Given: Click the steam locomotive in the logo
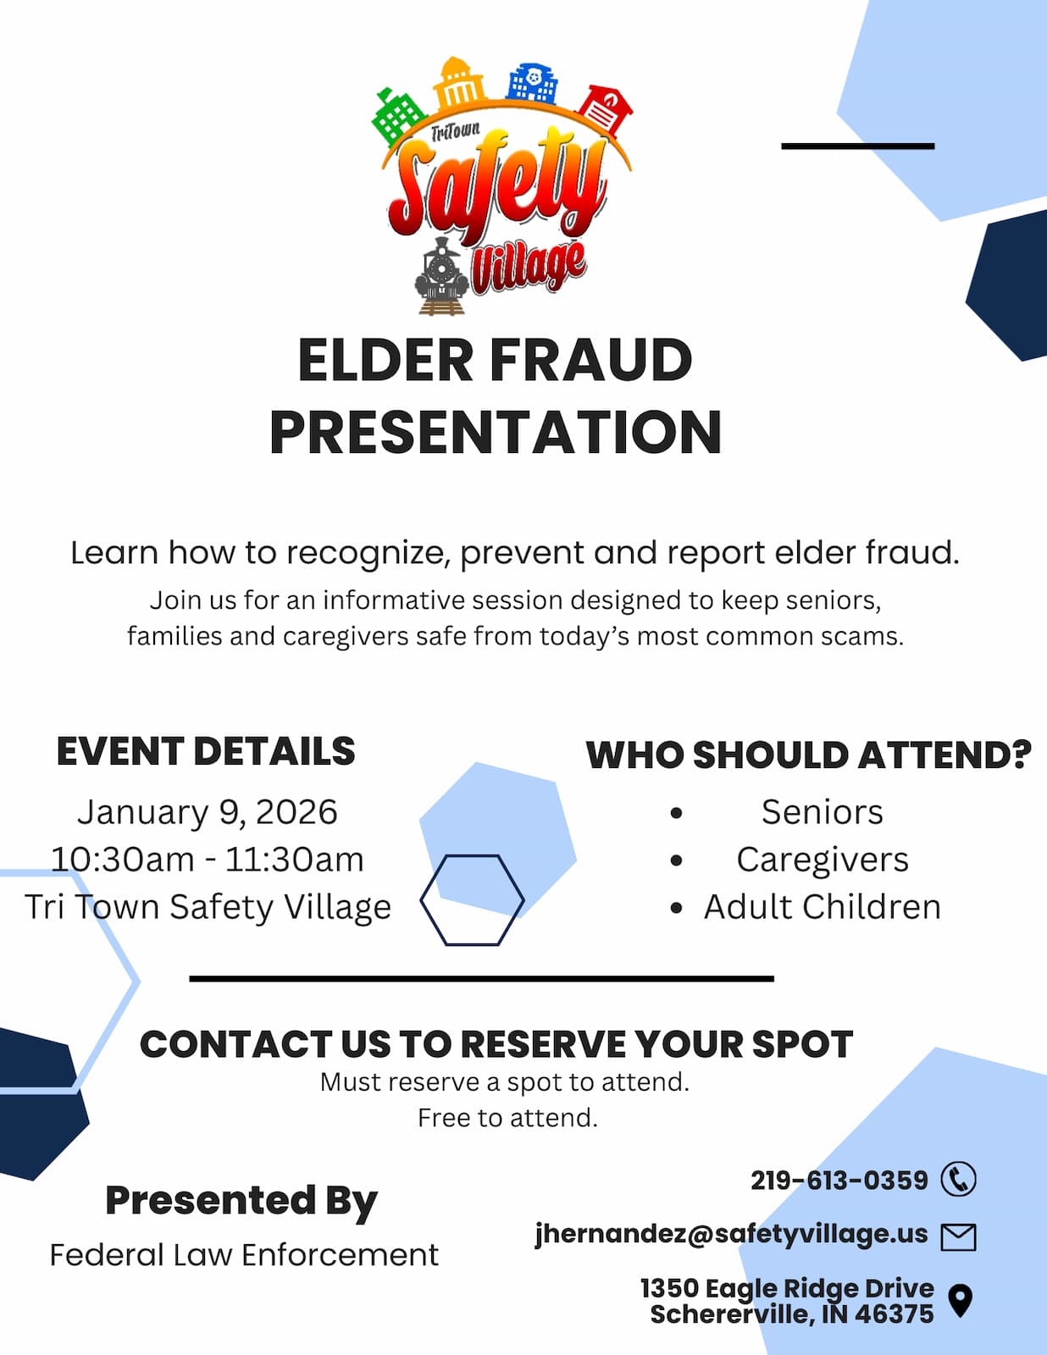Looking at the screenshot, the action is (441, 275).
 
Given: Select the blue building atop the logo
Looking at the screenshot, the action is (532, 82).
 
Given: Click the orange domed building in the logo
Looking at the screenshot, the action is (460, 83).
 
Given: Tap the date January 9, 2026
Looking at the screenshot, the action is (208, 812).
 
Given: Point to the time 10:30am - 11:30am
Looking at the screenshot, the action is (207, 860).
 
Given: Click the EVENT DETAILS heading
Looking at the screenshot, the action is (206, 751).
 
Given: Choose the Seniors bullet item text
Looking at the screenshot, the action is (822, 812).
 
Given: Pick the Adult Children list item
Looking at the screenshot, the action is (822, 907).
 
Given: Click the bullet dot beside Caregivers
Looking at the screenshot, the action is (677, 860).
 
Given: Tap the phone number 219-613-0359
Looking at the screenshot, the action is (839, 1181).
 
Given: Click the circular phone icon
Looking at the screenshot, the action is (958, 1179).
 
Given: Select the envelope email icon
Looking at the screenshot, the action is (958, 1238).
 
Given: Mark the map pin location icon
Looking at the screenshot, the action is (961, 1301).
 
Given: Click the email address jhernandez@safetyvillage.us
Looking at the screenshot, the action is (732, 1234).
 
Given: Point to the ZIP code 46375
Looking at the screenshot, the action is (895, 1314).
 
